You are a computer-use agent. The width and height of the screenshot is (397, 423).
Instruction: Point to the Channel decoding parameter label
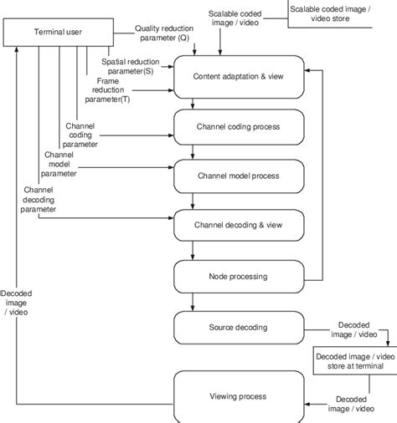[34, 200]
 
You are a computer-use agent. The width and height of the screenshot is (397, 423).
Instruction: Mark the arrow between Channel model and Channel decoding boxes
[194, 202]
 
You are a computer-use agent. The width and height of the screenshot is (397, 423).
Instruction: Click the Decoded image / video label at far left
[17, 303]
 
